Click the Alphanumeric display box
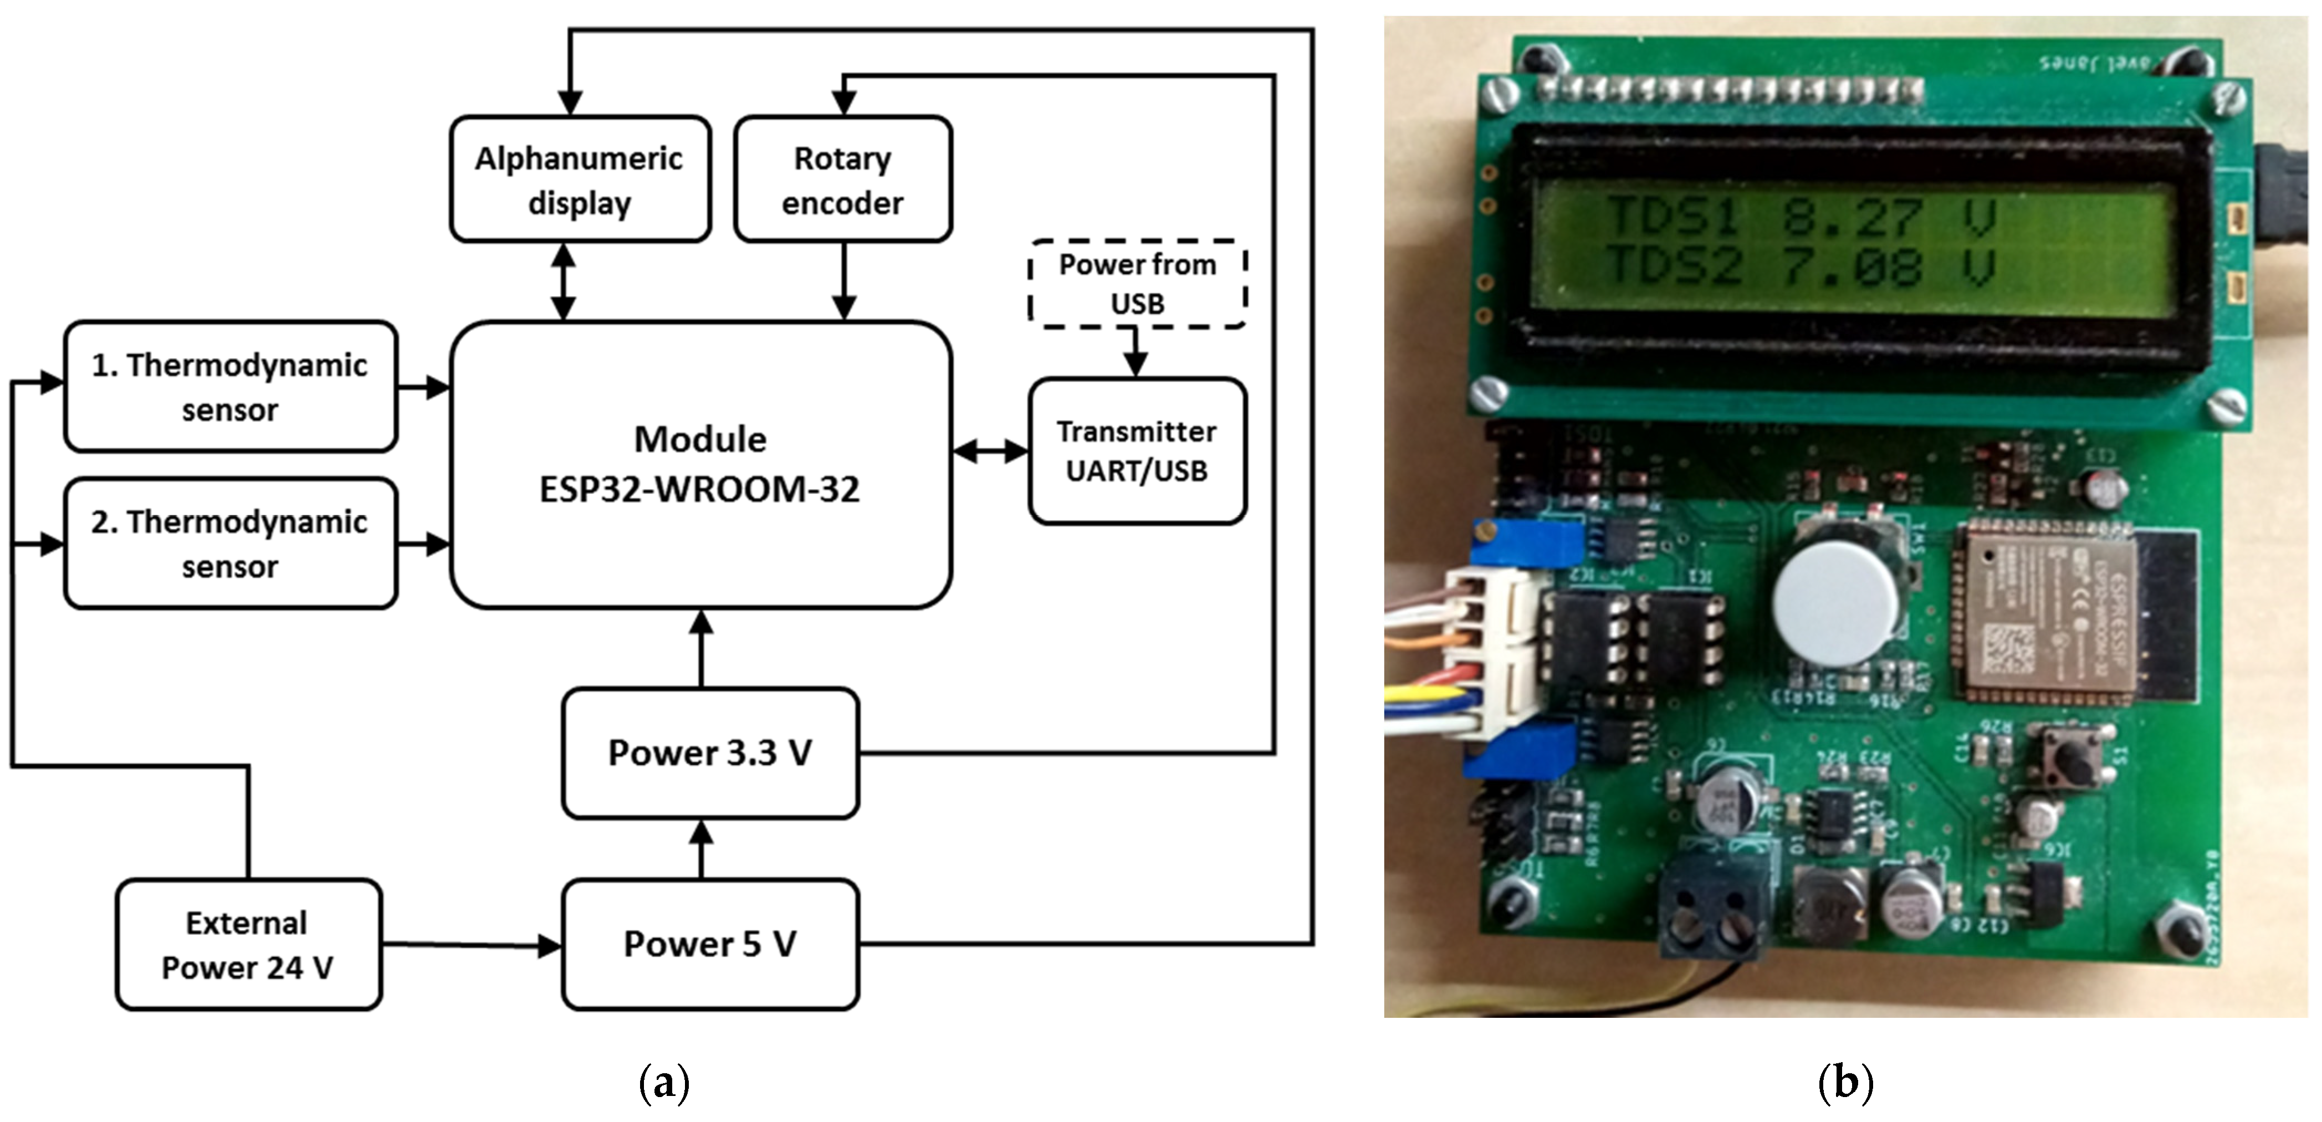click(580, 180)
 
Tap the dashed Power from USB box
click(1137, 284)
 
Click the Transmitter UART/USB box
click(1137, 450)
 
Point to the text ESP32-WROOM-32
click(699, 489)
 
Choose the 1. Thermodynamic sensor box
click(230, 387)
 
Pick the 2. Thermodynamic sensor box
click(230, 544)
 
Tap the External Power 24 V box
click(248, 945)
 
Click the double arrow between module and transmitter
click(990, 450)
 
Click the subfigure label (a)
click(664, 1082)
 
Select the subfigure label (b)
click(1845, 1082)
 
